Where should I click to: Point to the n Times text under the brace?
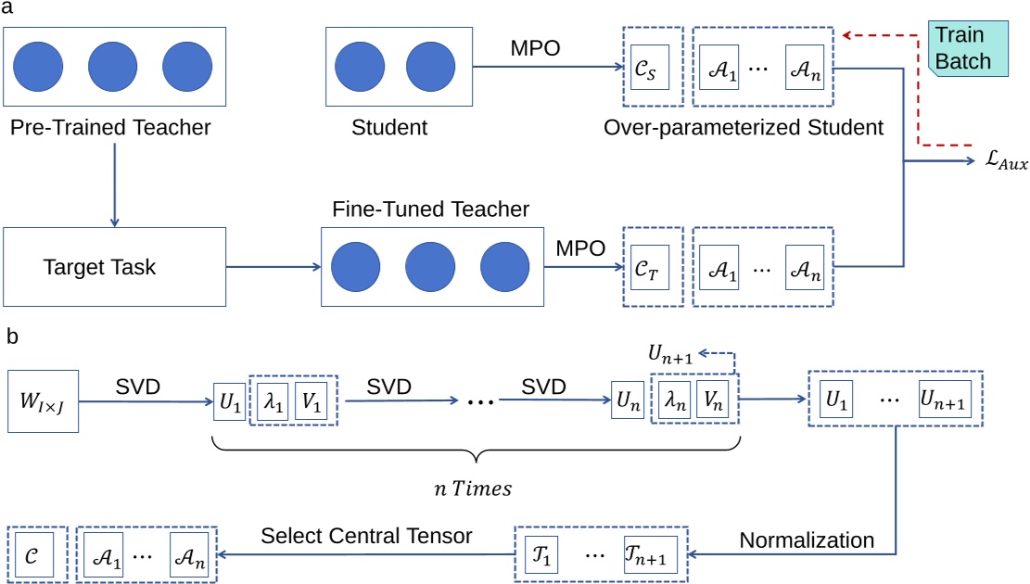point(475,489)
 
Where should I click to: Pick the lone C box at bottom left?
point(33,555)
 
